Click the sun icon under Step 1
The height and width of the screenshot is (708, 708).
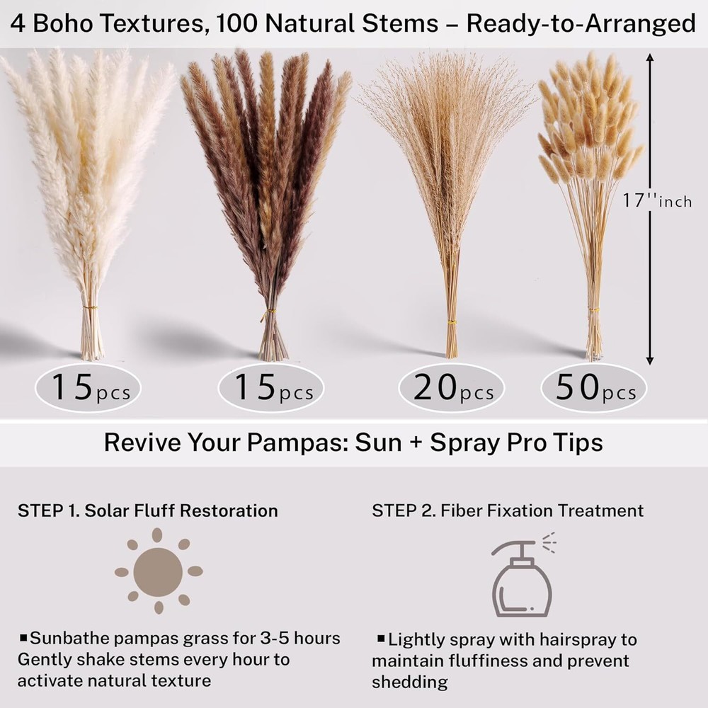[159, 571]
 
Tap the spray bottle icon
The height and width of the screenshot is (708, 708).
[523, 574]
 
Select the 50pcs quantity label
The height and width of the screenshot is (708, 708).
[595, 388]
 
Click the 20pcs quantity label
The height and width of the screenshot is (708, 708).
[453, 388]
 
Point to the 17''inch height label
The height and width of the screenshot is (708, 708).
[657, 201]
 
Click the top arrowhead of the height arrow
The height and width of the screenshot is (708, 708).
[650, 57]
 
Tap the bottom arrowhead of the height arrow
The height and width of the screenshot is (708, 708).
[650, 360]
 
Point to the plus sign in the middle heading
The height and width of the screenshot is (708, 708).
[416, 443]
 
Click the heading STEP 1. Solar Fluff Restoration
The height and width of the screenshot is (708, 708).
[148, 510]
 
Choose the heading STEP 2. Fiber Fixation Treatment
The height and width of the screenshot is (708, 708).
[508, 510]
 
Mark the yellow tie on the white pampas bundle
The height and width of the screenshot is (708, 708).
[91, 307]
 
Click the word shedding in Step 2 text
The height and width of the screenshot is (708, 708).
[409, 683]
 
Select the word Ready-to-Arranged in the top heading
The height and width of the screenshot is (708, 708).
[581, 24]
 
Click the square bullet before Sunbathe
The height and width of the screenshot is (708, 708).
[23, 638]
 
